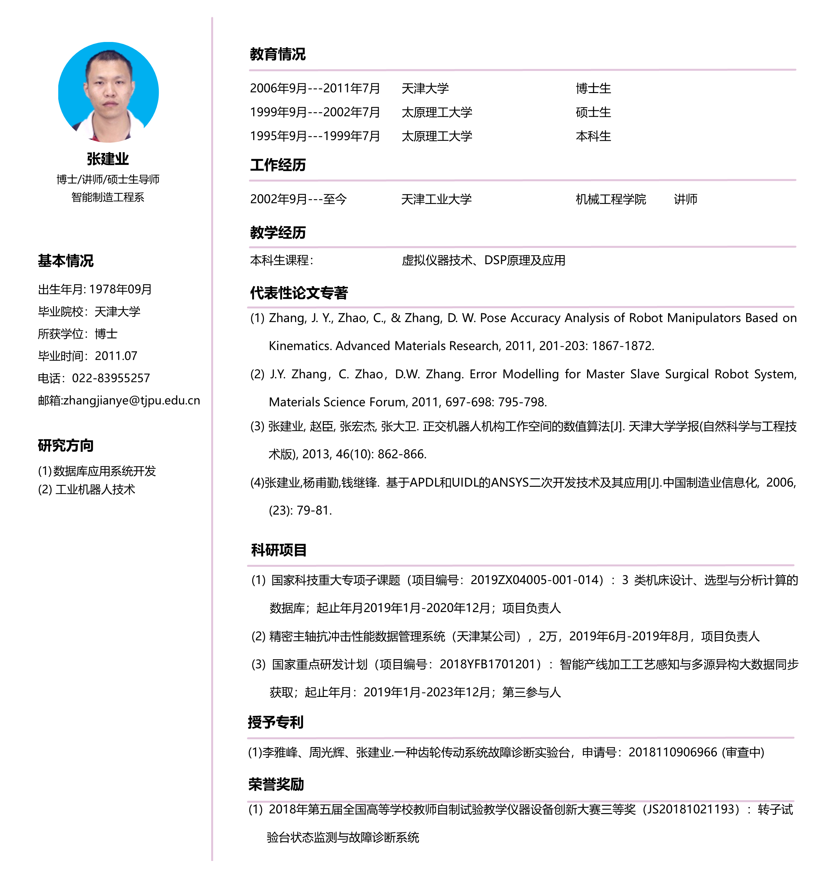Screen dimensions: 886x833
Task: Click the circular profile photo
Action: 108,92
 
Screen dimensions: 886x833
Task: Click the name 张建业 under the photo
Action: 108,159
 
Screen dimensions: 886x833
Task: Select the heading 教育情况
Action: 277,54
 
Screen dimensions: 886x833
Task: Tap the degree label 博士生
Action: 593,88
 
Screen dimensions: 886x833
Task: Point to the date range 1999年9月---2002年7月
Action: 315,112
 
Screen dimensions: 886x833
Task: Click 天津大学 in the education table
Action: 425,88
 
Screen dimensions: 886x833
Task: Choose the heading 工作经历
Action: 278,165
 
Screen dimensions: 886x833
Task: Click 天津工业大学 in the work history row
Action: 436,199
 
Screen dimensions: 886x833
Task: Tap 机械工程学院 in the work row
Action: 611,199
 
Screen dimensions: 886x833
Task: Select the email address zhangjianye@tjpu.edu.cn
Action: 131,401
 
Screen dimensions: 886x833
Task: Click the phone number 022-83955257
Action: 111,378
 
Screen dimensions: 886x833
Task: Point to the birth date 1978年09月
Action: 120,289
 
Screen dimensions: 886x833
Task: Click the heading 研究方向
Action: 65,445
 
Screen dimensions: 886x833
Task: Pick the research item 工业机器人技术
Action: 95,489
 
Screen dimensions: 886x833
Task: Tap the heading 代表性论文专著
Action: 299,293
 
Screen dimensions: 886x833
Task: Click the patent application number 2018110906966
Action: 673,752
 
